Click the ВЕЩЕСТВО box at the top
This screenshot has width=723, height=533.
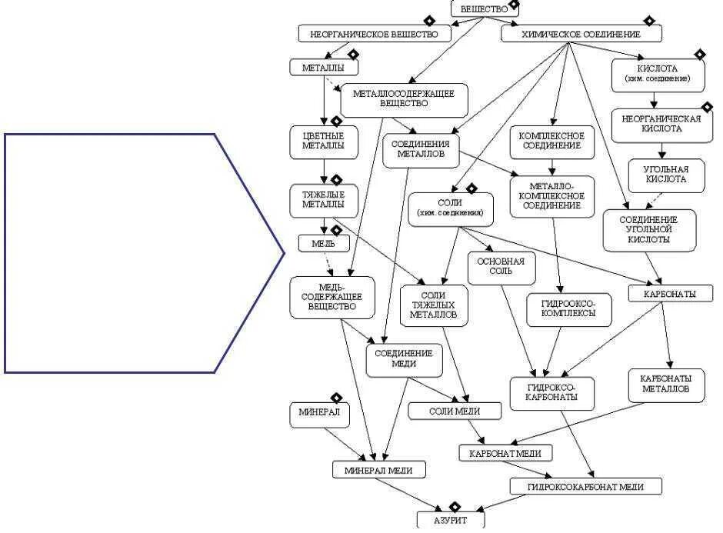pos(484,8)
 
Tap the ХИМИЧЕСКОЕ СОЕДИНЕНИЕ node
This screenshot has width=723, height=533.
pos(581,35)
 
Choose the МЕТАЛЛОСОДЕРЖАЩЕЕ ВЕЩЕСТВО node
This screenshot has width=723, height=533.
pos(404,98)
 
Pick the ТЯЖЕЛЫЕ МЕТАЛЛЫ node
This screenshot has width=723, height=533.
pos(323,199)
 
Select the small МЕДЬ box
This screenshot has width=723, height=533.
pos(323,244)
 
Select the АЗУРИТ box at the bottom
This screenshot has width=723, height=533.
pos(451,520)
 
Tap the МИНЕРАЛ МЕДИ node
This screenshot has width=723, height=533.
pos(379,469)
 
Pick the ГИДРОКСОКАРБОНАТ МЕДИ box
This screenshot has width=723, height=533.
pos(585,486)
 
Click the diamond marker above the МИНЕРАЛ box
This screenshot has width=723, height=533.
pos(336,397)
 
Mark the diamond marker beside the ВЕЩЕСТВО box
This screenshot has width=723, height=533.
pos(514,5)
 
